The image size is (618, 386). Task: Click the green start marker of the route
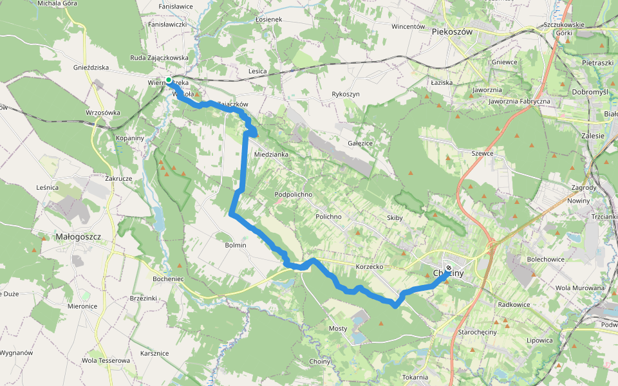click(x=169, y=80)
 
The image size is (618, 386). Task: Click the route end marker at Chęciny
click(x=449, y=268)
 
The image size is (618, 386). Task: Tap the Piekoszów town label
click(x=453, y=31)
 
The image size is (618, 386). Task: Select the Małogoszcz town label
click(x=79, y=236)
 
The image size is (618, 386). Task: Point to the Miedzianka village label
click(x=271, y=154)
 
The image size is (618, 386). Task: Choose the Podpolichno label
click(x=294, y=194)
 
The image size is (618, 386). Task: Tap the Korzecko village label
click(x=370, y=266)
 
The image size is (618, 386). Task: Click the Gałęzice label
click(x=360, y=143)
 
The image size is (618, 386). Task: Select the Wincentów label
click(x=409, y=27)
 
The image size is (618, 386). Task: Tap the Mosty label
click(x=338, y=328)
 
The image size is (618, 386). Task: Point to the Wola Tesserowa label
click(x=106, y=360)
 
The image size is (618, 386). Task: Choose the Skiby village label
click(x=395, y=217)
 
